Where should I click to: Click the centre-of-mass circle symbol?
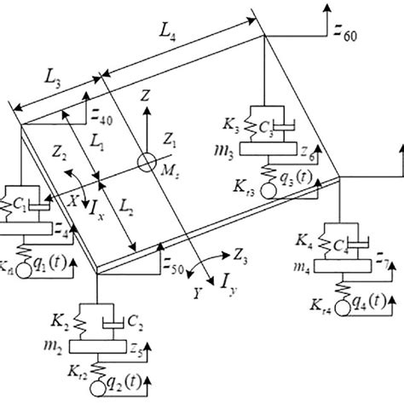pyautogui.click(x=148, y=159)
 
